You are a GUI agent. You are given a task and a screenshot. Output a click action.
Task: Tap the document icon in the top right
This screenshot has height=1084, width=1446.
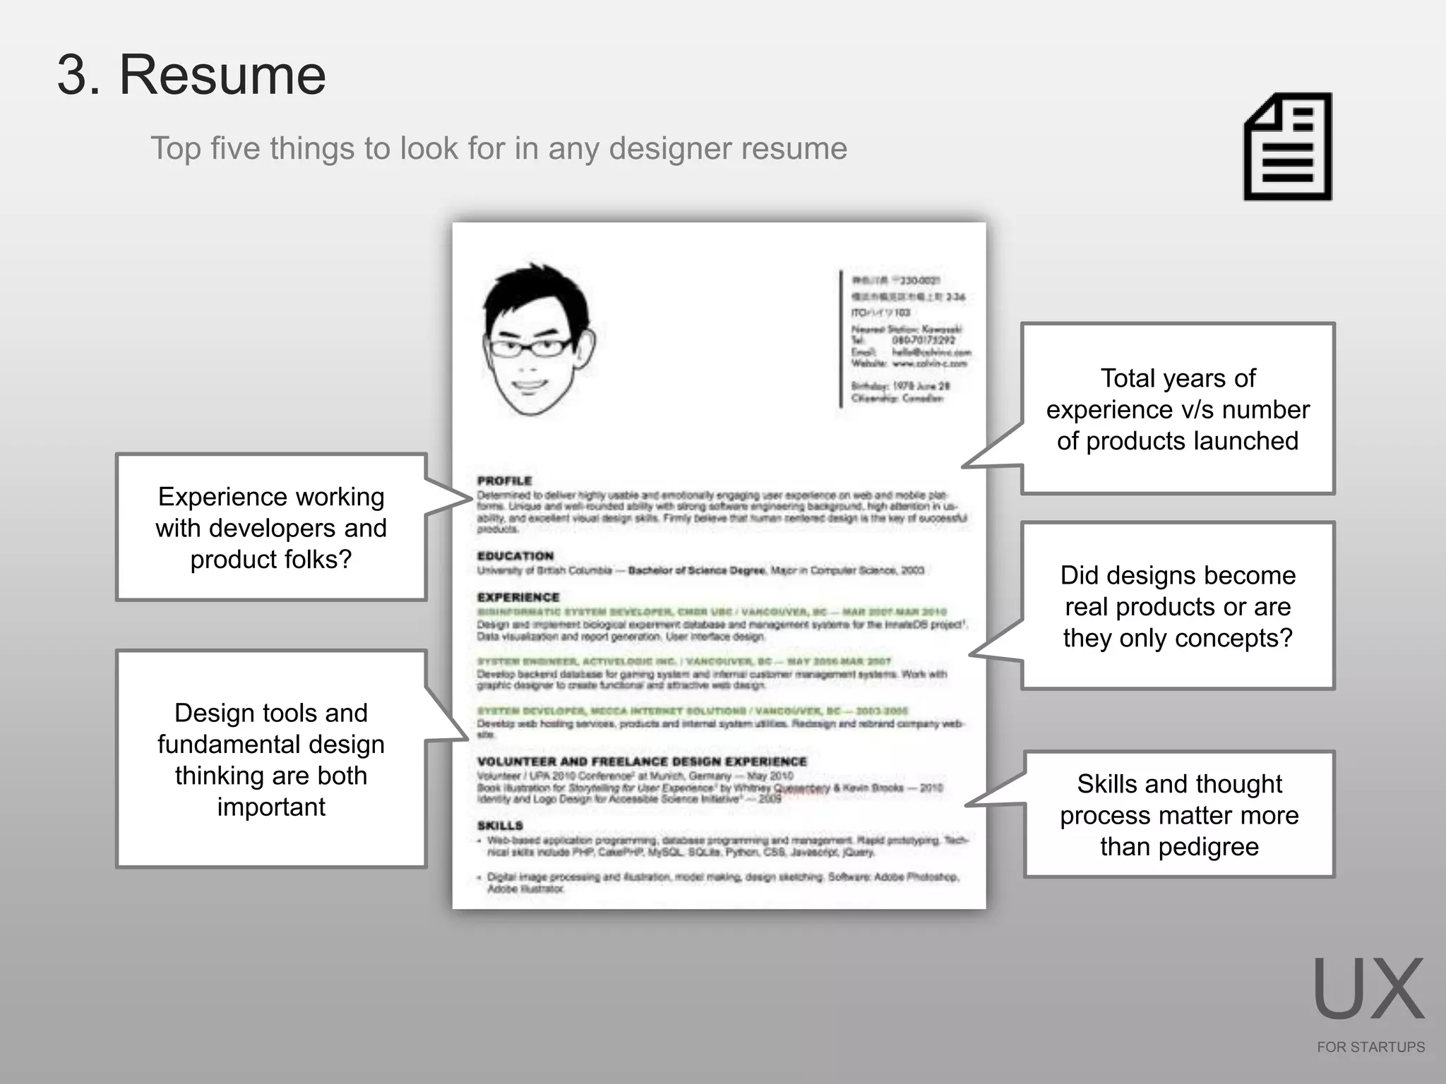(x=1288, y=147)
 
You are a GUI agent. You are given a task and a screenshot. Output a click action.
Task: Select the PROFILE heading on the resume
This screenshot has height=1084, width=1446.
(x=504, y=481)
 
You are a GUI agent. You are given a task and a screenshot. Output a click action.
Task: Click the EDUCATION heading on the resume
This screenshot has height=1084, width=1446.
(x=515, y=556)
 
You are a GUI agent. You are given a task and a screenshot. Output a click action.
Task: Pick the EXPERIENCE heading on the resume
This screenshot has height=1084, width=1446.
(x=518, y=597)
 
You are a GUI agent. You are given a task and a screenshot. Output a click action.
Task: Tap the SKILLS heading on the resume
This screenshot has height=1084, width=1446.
(x=500, y=826)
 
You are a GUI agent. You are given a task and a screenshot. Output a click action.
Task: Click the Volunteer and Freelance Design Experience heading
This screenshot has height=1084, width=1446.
(x=642, y=761)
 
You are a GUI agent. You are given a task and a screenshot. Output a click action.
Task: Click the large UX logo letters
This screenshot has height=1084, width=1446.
(x=1368, y=989)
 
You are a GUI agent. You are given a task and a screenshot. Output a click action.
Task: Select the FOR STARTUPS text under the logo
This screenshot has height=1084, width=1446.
(x=1370, y=1047)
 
